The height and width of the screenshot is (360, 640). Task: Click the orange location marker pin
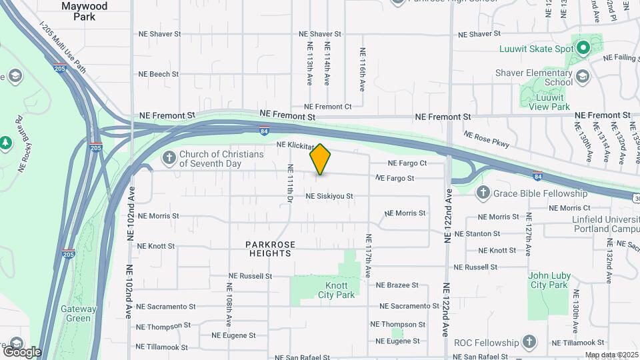tap(321, 159)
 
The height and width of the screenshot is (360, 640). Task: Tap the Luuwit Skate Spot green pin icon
tap(583, 48)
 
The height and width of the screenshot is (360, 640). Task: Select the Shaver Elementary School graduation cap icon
tap(583, 77)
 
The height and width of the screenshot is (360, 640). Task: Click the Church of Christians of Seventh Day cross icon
tap(169, 158)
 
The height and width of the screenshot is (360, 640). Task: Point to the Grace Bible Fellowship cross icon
tap(483, 193)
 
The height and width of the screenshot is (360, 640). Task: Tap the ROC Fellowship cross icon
tap(529, 342)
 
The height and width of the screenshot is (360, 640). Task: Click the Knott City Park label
tap(336, 290)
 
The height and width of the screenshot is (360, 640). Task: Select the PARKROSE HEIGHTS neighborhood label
tap(270, 249)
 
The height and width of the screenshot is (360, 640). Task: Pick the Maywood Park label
tap(84, 11)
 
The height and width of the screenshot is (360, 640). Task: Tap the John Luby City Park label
tap(548, 280)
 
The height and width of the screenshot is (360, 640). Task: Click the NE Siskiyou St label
tap(329, 196)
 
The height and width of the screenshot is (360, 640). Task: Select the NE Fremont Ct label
tap(327, 107)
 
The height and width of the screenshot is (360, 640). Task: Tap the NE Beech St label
tap(158, 74)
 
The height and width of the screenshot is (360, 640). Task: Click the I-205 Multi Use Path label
tap(63, 48)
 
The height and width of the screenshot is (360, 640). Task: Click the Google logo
tap(21, 352)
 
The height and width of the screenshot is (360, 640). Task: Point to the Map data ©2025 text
tap(610, 355)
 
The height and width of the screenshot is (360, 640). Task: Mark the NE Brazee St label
tap(397, 285)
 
